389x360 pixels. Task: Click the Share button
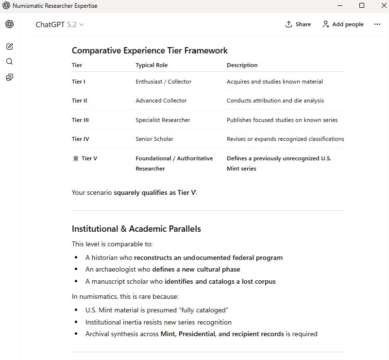click(x=298, y=24)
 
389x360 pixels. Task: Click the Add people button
click(x=343, y=24)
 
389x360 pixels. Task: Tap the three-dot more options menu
click(x=377, y=24)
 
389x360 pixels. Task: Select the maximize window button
click(x=362, y=6)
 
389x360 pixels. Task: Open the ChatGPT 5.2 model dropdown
click(x=60, y=24)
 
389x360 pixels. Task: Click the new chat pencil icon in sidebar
click(x=10, y=47)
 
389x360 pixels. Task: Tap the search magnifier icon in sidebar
click(x=10, y=62)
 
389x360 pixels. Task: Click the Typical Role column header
click(x=152, y=65)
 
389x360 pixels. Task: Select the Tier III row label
click(x=80, y=120)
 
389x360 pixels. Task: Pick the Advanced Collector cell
click(x=161, y=101)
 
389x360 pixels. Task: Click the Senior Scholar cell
click(x=154, y=139)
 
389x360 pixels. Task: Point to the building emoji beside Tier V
click(x=76, y=158)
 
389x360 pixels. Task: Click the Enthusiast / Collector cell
click(x=164, y=82)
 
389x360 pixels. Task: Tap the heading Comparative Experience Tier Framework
click(x=150, y=51)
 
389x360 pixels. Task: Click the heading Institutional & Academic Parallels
click(x=136, y=229)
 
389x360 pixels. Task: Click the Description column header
click(x=242, y=65)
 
